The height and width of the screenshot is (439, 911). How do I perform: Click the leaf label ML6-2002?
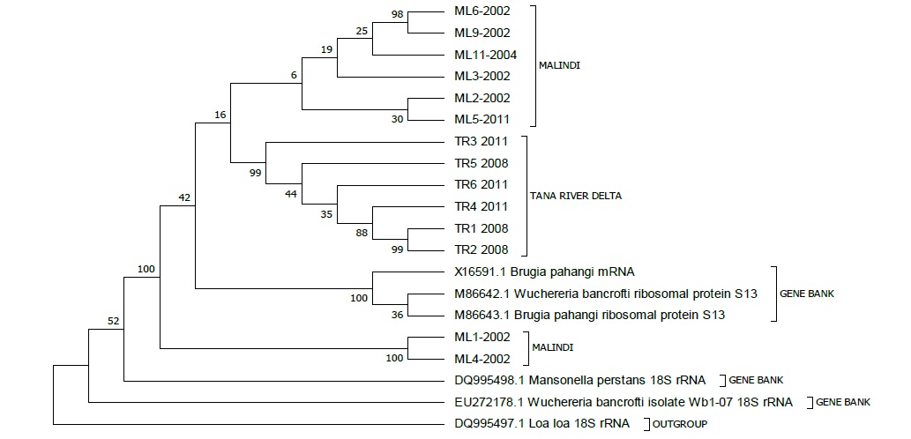(x=482, y=11)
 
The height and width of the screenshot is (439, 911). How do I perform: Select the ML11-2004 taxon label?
(x=485, y=55)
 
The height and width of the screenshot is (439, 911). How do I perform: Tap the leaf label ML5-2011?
(x=482, y=120)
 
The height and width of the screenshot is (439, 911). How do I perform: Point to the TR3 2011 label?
(x=481, y=141)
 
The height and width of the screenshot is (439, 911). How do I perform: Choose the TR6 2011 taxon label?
(x=481, y=184)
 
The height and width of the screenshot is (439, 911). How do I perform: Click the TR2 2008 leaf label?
(x=481, y=249)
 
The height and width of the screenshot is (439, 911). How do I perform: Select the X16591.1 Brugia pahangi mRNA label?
(x=544, y=272)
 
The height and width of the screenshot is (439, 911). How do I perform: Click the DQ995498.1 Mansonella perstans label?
(x=579, y=381)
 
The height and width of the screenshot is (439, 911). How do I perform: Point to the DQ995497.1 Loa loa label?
(x=542, y=424)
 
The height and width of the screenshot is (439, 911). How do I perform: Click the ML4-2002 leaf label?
(x=482, y=359)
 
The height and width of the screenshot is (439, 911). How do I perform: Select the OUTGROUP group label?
(x=680, y=425)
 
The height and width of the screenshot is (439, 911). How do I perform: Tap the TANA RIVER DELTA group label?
(x=576, y=196)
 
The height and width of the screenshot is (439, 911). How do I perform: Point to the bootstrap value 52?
(x=113, y=321)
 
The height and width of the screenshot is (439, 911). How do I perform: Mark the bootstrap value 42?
(x=184, y=198)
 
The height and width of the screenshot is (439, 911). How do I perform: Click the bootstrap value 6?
(x=294, y=75)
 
